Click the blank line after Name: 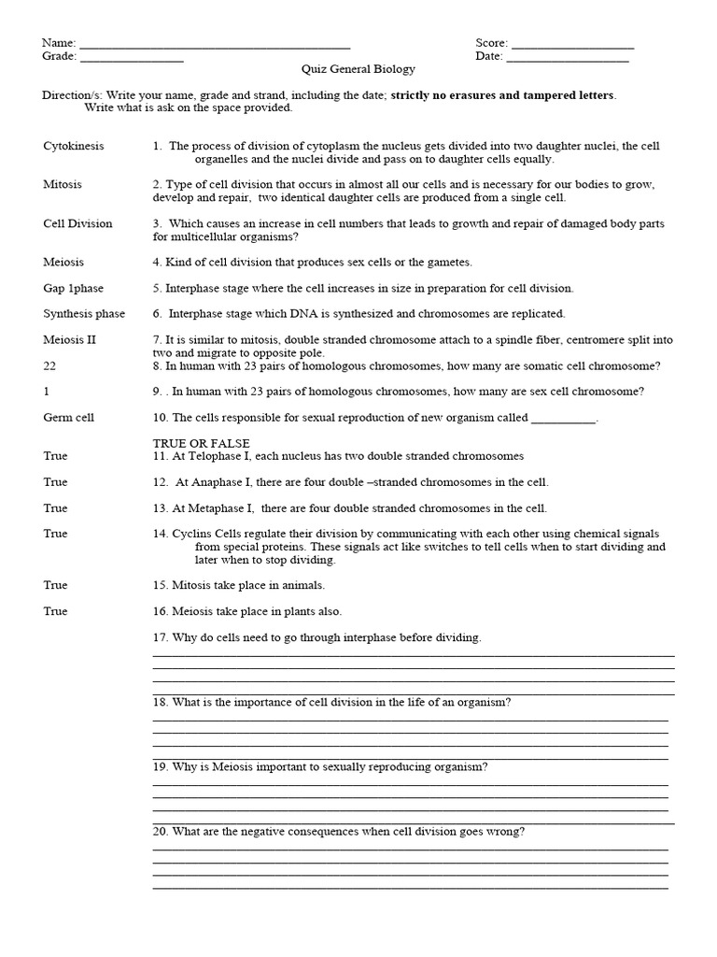pos(215,45)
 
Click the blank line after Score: pos(572,45)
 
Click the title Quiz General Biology pos(358,70)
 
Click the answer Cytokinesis pos(74,147)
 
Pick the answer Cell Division pos(77,224)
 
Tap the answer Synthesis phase pos(84,314)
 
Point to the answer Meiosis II pos(69,340)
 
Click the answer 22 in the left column pos(50,366)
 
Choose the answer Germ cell pos(68,418)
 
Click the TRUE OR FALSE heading pos(202,443)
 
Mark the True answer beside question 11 pos(55,456)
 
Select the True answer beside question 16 pos(55,611)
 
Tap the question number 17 pos(161,637)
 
